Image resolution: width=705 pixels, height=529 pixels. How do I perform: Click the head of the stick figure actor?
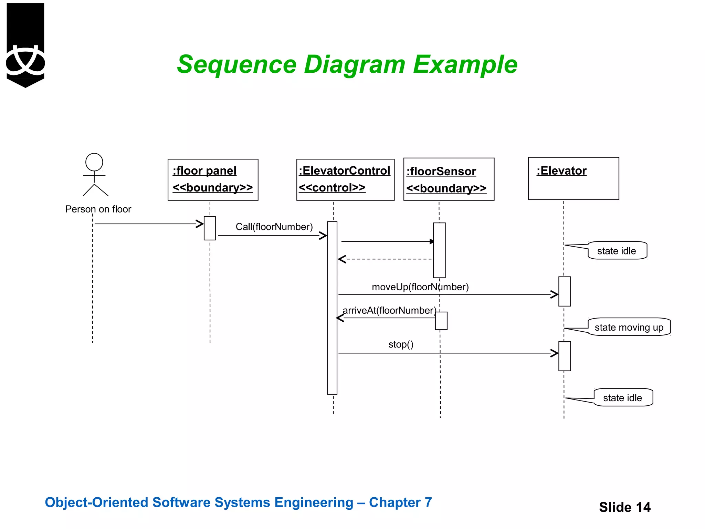click(94, 162)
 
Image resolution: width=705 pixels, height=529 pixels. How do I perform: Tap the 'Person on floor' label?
click(98, 209)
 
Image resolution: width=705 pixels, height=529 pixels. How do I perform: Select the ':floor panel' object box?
click(213, 179)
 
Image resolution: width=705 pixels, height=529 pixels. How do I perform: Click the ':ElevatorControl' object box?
click(345, 179)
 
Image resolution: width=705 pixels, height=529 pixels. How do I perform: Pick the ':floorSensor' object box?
click(449, 179)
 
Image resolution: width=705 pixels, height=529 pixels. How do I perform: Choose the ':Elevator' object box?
click(573, 178)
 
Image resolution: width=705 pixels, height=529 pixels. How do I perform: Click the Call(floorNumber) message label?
click(274, 227)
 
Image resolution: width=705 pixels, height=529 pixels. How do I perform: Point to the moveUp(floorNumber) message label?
click(420, 287)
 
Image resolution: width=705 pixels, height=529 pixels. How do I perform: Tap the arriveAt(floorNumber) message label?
click(389, 310)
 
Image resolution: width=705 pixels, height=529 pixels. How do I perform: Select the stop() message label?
click(401, 344)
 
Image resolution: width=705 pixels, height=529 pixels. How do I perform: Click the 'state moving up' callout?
click(629, 327)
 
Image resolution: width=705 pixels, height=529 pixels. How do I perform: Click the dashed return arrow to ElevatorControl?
click(386, 259)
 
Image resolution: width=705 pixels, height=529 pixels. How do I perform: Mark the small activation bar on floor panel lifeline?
click(210, 228)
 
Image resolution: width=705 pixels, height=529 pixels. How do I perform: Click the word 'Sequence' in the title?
click(236, 65)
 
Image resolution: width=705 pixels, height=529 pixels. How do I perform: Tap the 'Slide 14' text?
click(624, 507)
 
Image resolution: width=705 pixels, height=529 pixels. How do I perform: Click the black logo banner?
click(25, 45)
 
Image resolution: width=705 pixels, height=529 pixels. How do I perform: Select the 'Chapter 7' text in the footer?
click(400, 502)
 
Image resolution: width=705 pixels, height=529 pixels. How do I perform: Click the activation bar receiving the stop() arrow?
click(565, 356)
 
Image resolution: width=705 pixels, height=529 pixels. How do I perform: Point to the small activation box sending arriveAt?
click(441, 321)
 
